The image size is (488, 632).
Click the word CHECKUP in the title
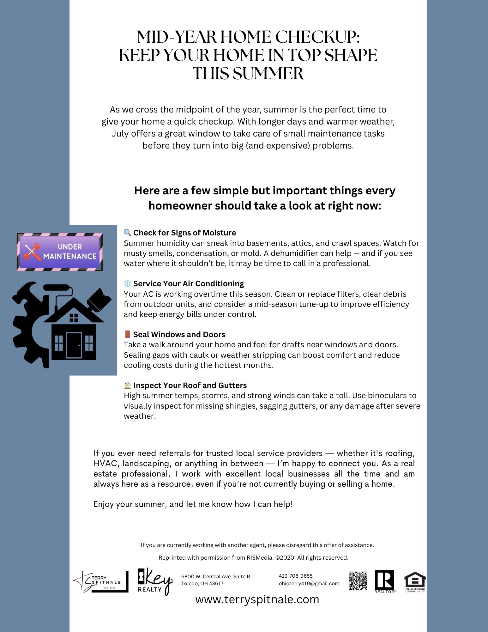[x=318, y=37]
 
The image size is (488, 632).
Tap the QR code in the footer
[x=358, y=580]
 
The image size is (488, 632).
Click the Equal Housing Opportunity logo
[x=415, y=582]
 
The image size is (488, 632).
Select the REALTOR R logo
[x=384, y=581]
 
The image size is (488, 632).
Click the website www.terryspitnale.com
[x=257, y=599]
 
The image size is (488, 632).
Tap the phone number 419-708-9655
[x=295, y=576]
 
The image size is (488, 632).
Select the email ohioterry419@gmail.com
[x=309, y=584]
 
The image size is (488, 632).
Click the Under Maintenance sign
[x=60, y=252]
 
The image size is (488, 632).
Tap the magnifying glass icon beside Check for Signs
[x=127, y=233]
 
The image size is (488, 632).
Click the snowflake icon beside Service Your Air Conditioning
[x=127, y=283]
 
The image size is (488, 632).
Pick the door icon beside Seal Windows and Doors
[x=127, y=334]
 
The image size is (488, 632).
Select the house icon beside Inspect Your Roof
[x=127, y=385]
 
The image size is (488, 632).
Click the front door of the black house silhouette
[x=74, y=345]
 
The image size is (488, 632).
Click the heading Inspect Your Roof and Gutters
[x=190, y=385]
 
